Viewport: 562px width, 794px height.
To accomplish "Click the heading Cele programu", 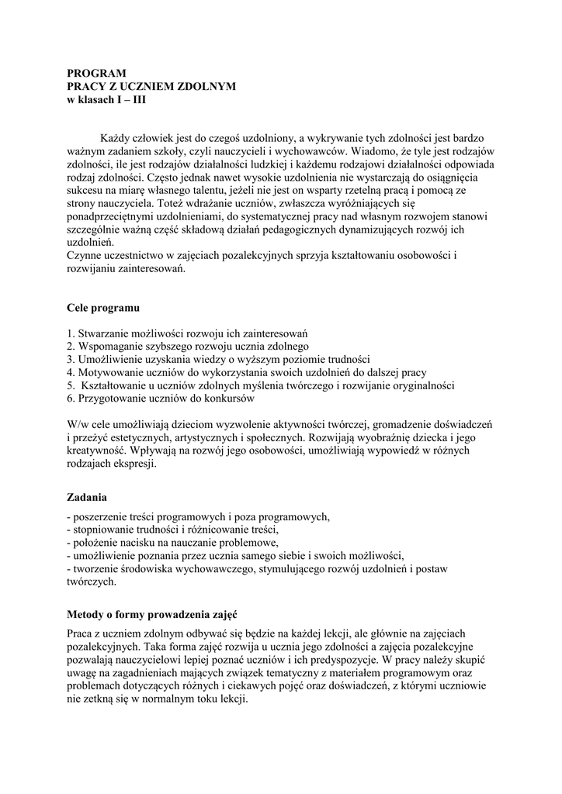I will point(102,308).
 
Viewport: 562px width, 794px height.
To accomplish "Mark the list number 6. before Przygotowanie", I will point(71,399).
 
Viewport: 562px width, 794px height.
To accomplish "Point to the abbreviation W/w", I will point(79,424).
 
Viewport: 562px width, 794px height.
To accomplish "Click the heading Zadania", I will point(87,496).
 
